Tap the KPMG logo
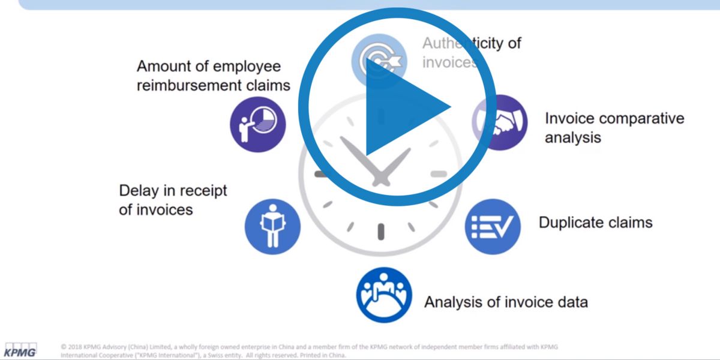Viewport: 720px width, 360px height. tap(21, 350)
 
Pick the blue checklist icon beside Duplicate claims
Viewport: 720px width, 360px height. tap(493, 227)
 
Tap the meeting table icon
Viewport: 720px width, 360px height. tap(384, 295)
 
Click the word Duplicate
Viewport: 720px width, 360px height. tap(570, 223)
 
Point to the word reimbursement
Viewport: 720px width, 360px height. tap(188, 85)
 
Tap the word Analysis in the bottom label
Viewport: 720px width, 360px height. tap(453, 301)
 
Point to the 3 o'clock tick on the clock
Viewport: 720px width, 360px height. tap(439, 175)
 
